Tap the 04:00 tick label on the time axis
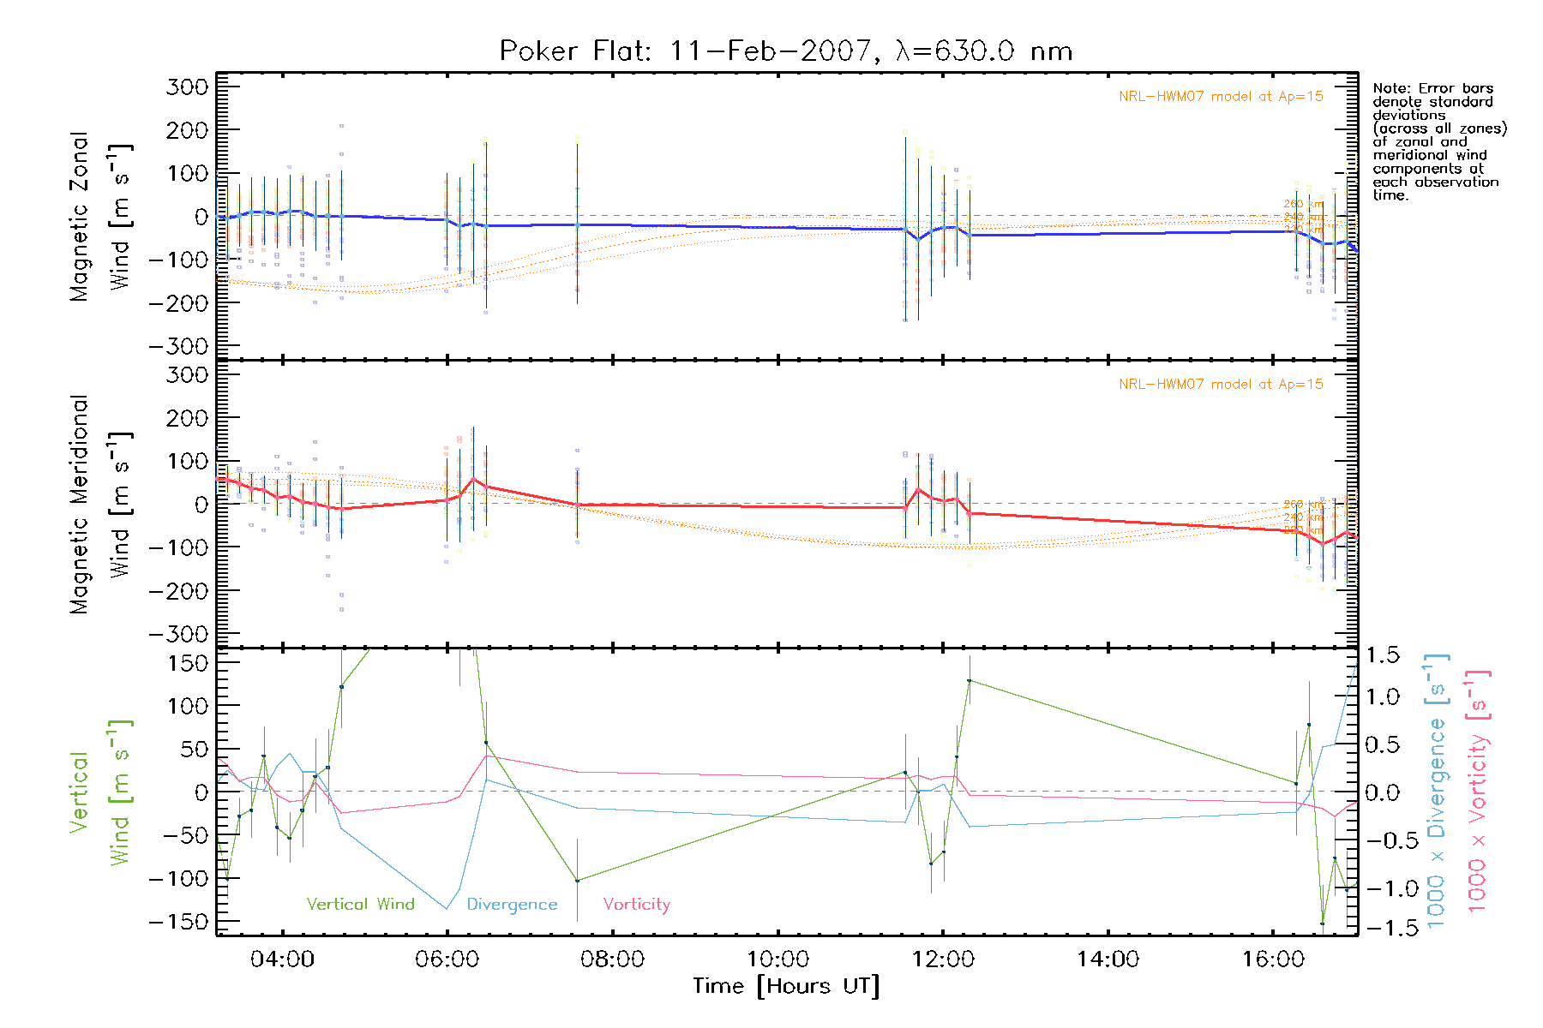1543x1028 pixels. pyautogui.click(x=282, y=959)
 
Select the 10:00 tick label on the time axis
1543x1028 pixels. pyautogui.click(x=778, y=959)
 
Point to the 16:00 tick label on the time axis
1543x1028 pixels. pyautogui.click(x=1273, y=959)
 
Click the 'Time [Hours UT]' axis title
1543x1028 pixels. pyautogui.click(x=786, y=987)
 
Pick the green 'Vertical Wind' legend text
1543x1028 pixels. pyautogui.click(x=360, y=905)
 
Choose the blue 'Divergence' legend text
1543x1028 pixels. pyautogui.click(x=512, y=905)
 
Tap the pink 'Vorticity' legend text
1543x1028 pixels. pyautogui.click(x=636, y=905)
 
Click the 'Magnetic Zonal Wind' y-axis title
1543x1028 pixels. pyautogui.click(x=100, y=217)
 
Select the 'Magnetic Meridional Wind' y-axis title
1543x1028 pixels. pyautogui.click(x=100, y=505)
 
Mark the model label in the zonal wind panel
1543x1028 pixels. pyautogui.click(x=1221, y=97)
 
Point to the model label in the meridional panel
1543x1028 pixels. pyautogui.click(x=1221, y=385)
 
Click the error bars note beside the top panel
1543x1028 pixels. pyautogui.click(x=1439, y=141)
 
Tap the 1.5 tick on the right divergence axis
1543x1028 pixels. pyautogui.click(x=1383, y=655)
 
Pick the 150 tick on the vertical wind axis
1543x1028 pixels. pyautogui.click(x=189, y=663)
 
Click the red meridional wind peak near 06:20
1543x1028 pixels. pyautogui.click(x=473, y=480)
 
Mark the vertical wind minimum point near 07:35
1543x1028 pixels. pyautogui.click(x=577, y=881)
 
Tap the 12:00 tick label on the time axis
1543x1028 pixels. pyautogui.click(x=943, y=959)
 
